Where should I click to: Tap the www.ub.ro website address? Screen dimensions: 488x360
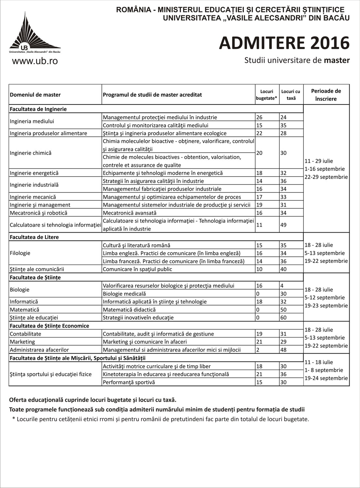tap(35, 61)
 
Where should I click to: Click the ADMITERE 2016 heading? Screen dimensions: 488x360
tap(284, 43)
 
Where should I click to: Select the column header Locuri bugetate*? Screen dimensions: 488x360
tap(267, 95)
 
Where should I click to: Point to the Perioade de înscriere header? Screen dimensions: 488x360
tap(326, 95)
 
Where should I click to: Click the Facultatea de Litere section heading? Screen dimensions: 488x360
tap(34, 237)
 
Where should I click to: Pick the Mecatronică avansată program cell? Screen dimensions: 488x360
tap(129, 213)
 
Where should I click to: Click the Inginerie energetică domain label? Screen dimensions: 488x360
tap(34, 173)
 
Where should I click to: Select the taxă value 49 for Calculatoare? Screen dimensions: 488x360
tap(283, 225)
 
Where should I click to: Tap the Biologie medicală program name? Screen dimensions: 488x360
tap(124, 294)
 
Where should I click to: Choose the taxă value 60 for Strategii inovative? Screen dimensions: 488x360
tap(283, 318)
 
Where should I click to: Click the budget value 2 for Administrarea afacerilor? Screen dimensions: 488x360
tap(258, 350)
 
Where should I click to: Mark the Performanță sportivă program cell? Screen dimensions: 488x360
tap(129, 382)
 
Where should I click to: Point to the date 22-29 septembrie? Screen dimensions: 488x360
tap(326, 177)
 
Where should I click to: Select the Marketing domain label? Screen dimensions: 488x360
tap(22, 342)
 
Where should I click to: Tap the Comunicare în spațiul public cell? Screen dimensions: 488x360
tap(137, 269)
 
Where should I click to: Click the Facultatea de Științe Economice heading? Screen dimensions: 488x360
tap(49, 326)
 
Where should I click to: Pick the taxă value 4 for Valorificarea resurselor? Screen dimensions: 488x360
tap(282, 286)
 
